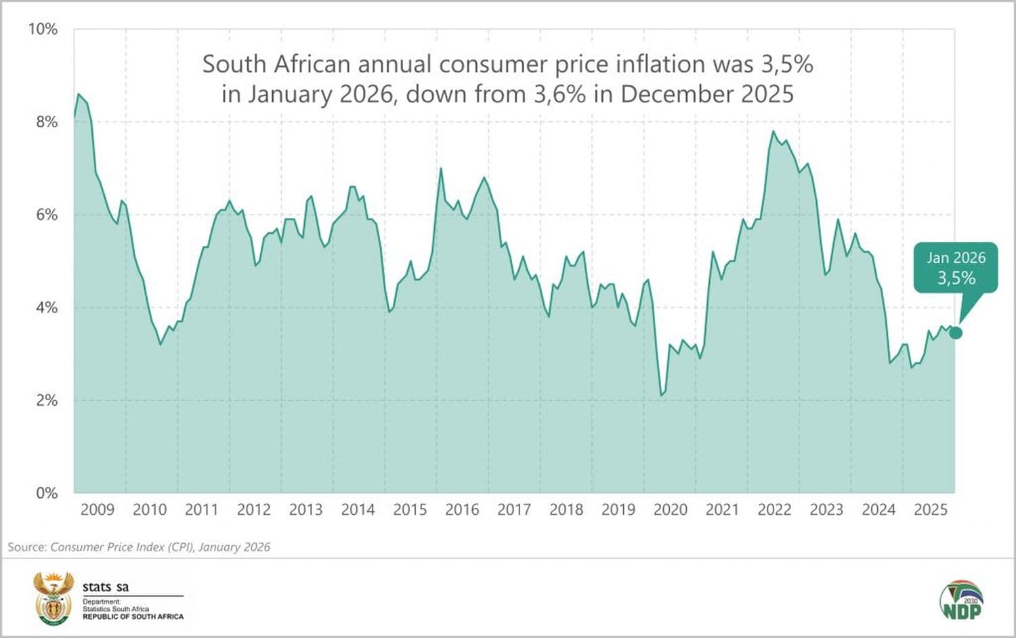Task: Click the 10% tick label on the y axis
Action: coord(42,29)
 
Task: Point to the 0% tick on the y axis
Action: coord(47,493)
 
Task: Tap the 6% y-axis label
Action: coord(47,215)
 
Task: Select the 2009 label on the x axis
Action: coord(97,510)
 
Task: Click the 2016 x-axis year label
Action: coord(462,510)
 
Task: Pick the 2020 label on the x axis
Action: coord(670,510)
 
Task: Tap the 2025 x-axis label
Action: coord(931,510)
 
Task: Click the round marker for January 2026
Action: coord(956,333)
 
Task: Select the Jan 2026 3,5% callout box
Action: coord(956,268)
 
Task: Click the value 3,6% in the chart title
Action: coord(559,93)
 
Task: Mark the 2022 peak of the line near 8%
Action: coord(773,131)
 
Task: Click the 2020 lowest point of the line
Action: coord(662,396)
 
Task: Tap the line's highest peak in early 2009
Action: coord(79,94)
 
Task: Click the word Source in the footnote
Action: coord(26,547)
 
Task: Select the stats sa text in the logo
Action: coord(106,587)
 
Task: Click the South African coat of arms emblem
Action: coord(54,599)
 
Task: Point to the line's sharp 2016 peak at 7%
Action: coord(441,169)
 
